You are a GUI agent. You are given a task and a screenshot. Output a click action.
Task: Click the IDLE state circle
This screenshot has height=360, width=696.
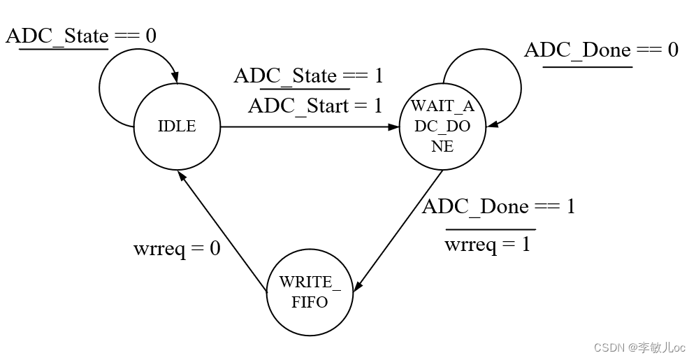pos(176,127)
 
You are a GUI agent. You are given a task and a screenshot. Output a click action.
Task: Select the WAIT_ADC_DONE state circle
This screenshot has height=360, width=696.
pos(442,127)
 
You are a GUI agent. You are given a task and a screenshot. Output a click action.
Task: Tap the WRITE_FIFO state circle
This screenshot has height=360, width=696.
pos(310,292)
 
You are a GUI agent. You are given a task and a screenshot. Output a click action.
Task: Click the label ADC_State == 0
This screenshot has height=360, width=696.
pos(81,36)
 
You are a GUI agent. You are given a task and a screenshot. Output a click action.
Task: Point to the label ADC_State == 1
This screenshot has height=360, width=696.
pos(308,75)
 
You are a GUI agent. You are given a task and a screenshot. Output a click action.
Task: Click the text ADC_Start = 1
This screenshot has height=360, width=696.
pos(315,106)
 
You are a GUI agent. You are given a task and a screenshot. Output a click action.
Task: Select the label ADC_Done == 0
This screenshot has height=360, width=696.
pos(601,50)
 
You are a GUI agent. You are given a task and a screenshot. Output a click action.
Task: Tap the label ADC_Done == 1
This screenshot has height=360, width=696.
pos(498,207)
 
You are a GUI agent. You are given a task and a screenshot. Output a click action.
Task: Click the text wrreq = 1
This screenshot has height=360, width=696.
pos(487,245)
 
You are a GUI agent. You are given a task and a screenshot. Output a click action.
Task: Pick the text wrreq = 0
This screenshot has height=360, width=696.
pos(177,249)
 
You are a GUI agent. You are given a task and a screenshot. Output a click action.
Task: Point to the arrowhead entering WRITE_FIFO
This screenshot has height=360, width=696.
pos(358,286)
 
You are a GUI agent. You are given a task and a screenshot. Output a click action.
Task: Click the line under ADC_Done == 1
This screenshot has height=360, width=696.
pos(491,229)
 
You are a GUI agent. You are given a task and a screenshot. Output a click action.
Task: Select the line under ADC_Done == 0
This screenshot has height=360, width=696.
pos(587,67)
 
